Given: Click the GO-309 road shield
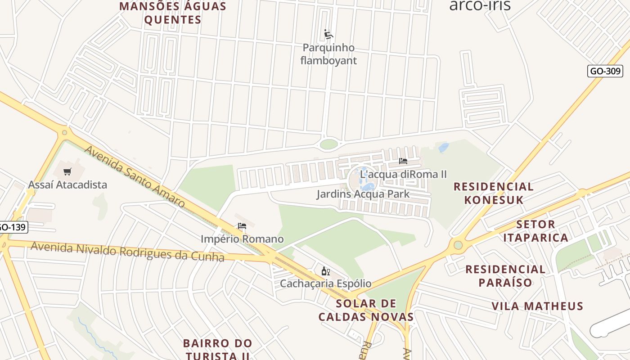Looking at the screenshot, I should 605,71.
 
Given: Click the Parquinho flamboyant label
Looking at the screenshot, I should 328,54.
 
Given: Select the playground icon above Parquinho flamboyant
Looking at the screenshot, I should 328,34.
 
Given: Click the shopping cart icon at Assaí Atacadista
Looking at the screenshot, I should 67,171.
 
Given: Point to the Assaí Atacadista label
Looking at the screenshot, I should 67,184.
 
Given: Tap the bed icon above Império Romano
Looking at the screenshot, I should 242,226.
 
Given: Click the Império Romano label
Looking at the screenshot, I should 242,239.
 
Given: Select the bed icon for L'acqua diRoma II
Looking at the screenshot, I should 403,161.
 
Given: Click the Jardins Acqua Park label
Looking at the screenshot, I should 363,194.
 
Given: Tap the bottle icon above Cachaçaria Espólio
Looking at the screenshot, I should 326,271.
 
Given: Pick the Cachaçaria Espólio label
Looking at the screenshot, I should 326,283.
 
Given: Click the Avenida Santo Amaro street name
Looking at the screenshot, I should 135,176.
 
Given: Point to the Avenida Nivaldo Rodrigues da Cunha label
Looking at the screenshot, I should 127,252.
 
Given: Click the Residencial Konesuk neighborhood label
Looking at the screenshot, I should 493,193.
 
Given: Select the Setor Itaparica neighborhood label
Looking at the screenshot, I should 535,231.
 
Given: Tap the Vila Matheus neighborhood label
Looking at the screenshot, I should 537,306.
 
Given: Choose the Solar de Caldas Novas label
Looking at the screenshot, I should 366,310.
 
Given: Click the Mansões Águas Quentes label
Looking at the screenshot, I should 173,13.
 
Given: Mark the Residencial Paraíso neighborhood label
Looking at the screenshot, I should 505,276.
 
